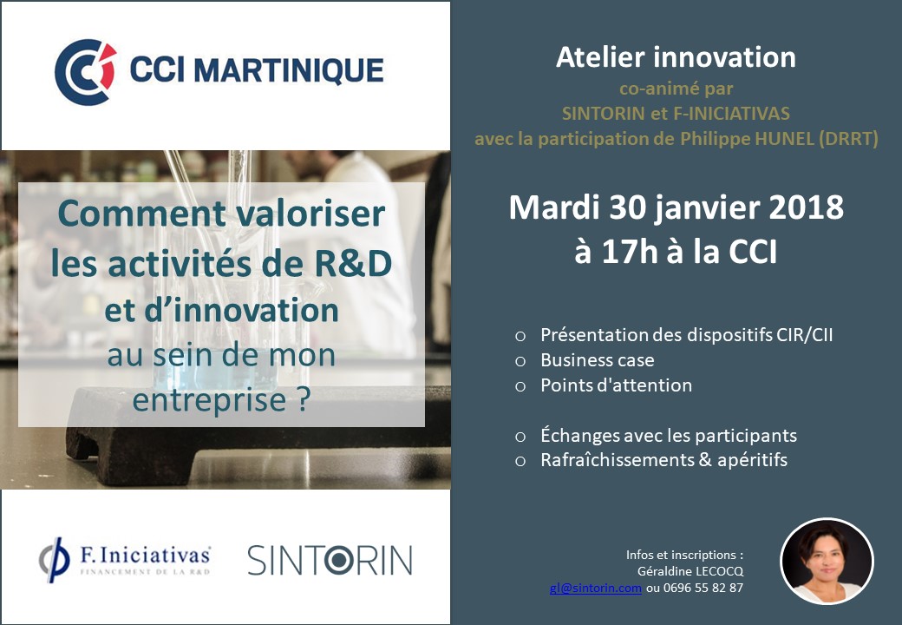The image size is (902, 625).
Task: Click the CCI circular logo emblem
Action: pyautogui.click(x=85, y=72)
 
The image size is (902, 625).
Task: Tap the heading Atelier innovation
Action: pyautogui.click(x=676, y=57)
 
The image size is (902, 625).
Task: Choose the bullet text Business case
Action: pyautogui.click(x=597, y=360)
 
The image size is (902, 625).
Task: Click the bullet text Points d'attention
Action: pyautogui.click(x=616, y=385)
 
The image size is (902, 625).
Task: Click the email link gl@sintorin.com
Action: pyautogui.click(x=595, y=588)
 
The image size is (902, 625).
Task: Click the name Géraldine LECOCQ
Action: pyautogui.click(x=690, y=571)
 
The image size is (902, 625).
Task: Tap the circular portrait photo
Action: pyautogui.click(x=827, y=561)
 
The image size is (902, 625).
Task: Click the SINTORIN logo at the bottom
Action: pyautogui.click(x=330, y=560)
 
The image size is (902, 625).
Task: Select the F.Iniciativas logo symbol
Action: pyautogui.click(x=54, y=559)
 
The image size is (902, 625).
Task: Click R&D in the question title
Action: pyautogui.click(x=353, y=263)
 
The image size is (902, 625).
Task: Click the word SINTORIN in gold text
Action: pyautogui.click(x=603, y=114)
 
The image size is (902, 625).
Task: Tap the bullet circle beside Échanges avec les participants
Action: pyautogui.click(x=520, y=437)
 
